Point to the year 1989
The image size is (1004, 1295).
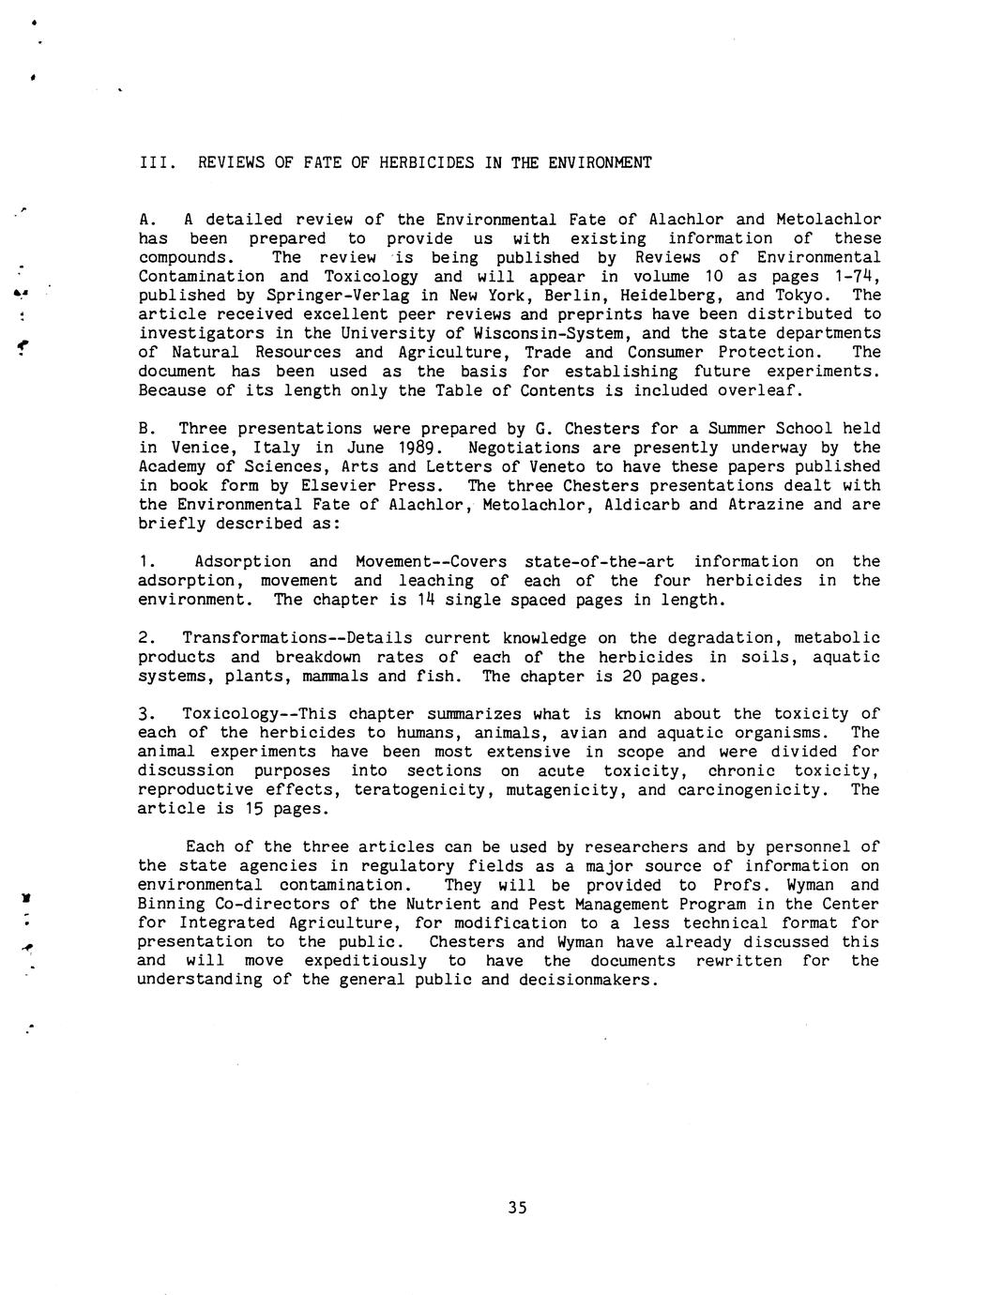pyautogui.click(x=419, y=448)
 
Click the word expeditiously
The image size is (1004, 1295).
pyautogui.click(x=365, y=961)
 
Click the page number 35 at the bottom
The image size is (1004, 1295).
pyautogui.click(x=517, y=1208)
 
